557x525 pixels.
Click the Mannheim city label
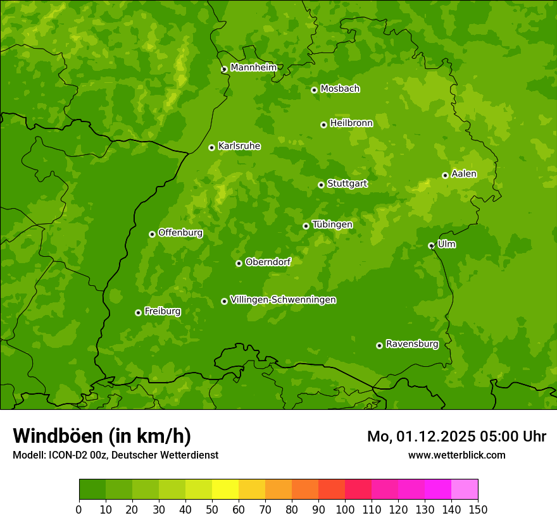253,68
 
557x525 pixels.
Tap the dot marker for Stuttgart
321,185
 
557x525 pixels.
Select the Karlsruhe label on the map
239,146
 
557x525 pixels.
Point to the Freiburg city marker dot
138,312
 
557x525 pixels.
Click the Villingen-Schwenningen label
283,300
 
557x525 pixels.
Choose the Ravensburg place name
411,344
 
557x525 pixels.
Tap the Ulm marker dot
431,245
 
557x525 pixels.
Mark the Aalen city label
463,174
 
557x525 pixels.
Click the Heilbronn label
351,123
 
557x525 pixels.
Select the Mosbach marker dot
314,90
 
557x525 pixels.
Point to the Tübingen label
332,225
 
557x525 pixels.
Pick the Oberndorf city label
268,262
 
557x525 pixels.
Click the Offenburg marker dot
152,234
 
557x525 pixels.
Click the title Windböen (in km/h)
102,436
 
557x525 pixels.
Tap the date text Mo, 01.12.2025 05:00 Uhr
456,436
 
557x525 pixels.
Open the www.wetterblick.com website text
456,455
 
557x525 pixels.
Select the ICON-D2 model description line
115,455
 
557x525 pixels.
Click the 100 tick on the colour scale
345,510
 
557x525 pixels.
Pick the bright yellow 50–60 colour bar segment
225,490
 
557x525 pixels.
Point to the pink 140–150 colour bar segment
465,490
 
